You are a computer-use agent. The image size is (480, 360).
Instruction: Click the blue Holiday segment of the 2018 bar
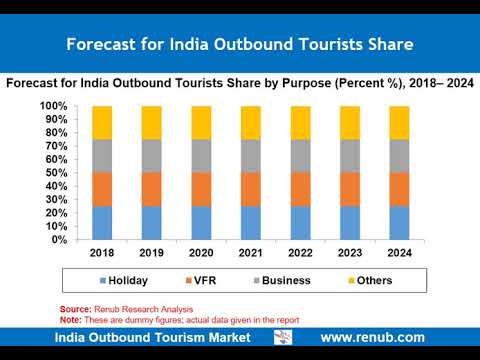(102, 223)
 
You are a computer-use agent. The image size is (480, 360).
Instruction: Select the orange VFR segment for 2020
(201, 189)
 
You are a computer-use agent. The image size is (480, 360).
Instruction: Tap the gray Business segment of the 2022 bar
(301, 156)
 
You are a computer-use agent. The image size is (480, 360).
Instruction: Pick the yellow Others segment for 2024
(399, 123)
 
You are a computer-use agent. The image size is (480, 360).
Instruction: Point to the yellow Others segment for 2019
(152, 123)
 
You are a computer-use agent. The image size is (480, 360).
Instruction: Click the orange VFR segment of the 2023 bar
(350, 189)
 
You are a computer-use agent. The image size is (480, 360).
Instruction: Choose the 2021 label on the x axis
(251, 253)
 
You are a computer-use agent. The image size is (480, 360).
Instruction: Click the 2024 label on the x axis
(399, 253)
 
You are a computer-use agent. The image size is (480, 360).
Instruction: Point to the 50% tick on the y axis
(56, 173)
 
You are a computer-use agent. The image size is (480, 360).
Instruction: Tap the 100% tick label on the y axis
(53, 106)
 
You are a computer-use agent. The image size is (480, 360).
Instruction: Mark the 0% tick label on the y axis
(59, 239)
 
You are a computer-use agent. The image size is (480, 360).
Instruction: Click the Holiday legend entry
(124, 281)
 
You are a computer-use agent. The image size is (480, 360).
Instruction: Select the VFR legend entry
(201, 280)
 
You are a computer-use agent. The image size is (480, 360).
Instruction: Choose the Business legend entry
(282, 280)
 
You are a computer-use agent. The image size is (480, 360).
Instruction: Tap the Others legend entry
(370, 280)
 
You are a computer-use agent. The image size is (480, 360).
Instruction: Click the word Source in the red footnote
(75, 309)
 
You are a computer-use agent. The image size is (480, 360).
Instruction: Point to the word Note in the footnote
(70, 320)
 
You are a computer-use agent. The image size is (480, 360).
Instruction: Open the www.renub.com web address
(373, 337)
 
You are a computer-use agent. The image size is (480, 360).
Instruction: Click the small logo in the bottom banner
(283, 337)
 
